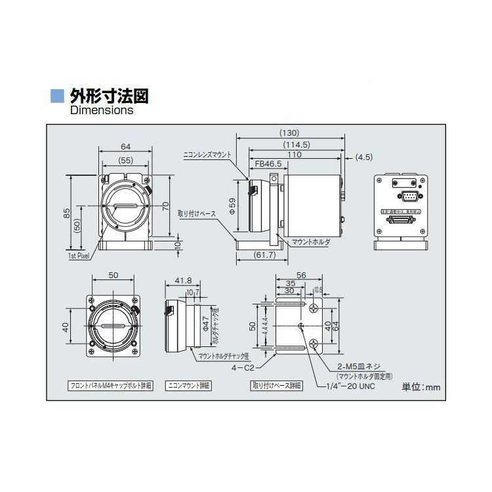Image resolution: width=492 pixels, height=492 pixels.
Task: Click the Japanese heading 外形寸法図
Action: pos(109,96)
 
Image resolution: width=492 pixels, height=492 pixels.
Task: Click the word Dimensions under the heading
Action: pos(102,110)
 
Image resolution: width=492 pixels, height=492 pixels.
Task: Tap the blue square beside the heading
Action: pos(58,96)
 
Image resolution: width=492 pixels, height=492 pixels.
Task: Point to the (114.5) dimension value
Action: pos(296,144)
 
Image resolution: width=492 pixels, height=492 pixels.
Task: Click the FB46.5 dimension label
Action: pos(268,163)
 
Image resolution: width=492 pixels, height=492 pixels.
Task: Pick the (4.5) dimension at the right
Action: pos(363,157)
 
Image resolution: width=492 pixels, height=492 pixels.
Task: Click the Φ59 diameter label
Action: pos(232,207)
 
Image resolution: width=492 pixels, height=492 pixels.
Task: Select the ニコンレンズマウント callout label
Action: pos(207,155)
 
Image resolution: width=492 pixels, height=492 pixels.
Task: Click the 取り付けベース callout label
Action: pos(197,213)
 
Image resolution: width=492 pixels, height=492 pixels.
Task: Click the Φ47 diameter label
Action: pos(205,323)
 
